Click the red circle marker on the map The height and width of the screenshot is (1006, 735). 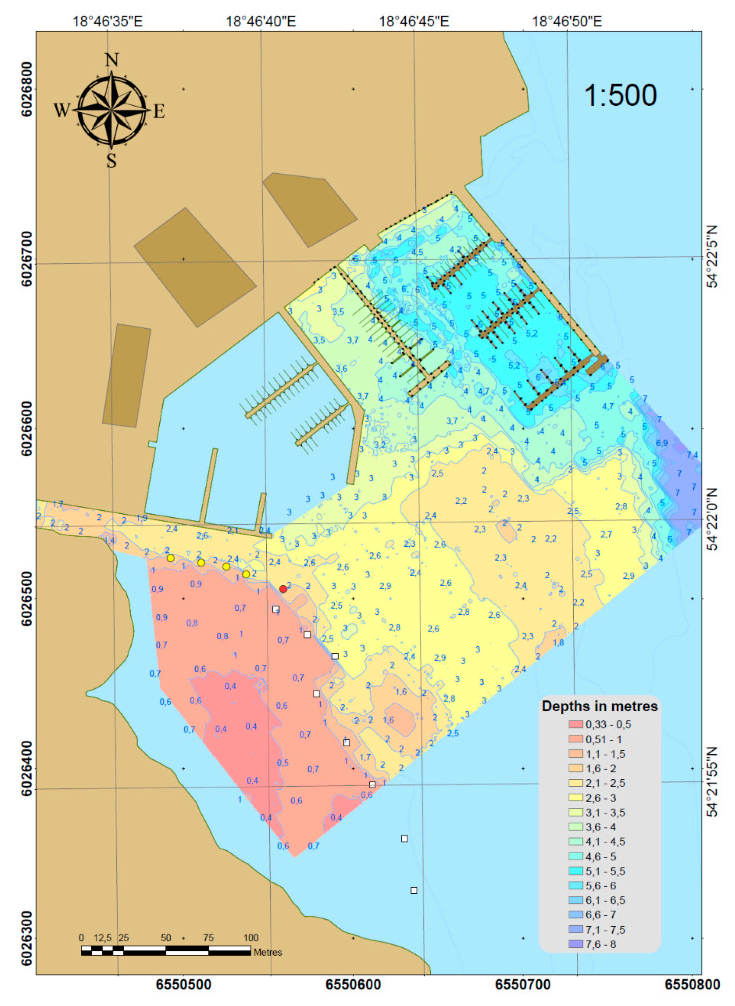(283, 589)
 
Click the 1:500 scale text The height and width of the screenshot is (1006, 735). (620, 95)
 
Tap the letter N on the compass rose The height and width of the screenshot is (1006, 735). (112, 60)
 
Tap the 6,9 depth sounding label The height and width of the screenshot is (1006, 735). (661, 443)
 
